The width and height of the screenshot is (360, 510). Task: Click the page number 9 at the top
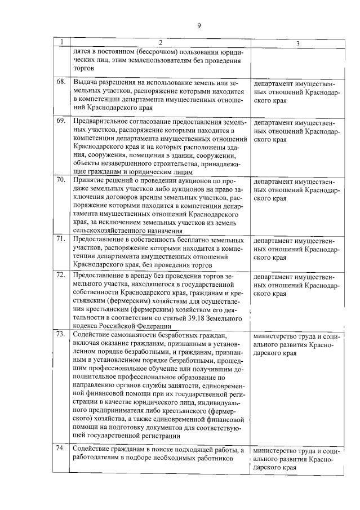coord(199,25)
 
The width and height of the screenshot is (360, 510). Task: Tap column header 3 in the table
coord(297,43)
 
